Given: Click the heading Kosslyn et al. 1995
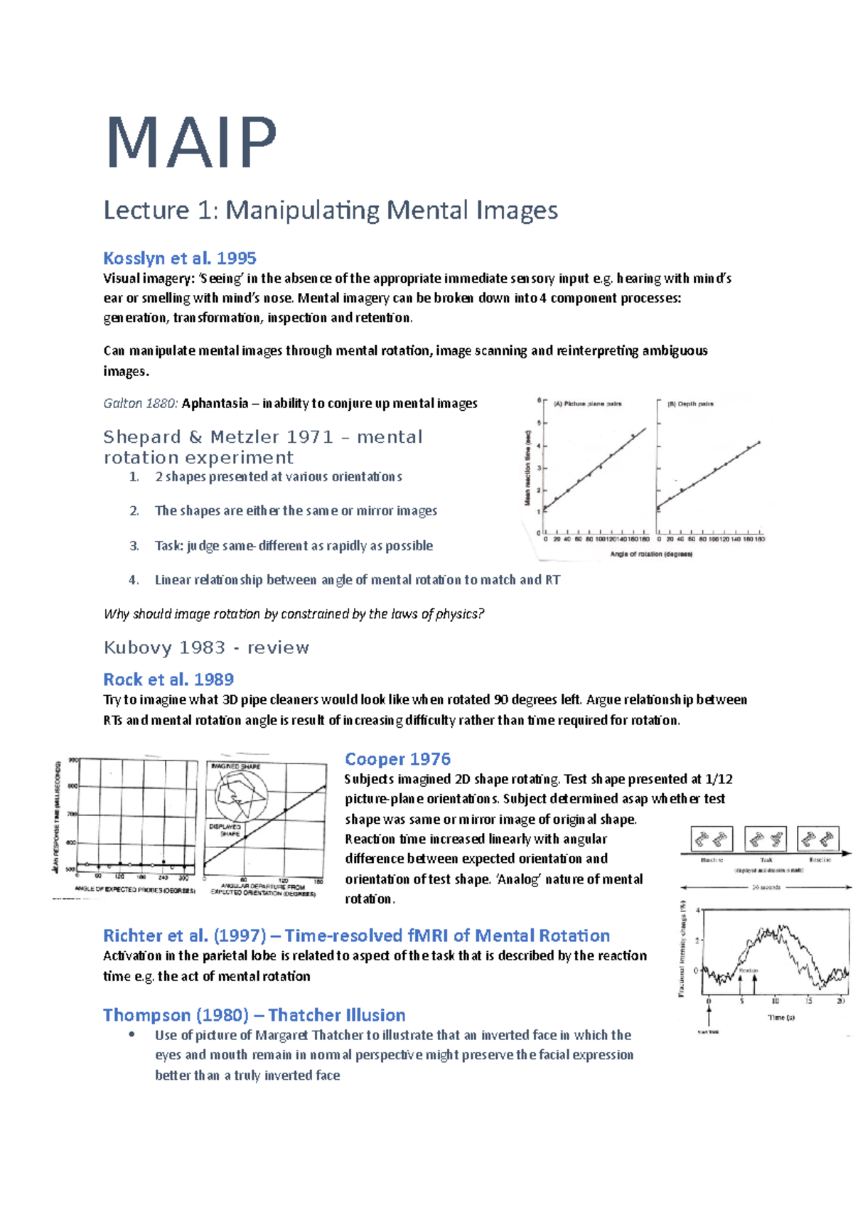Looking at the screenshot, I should point(179,258).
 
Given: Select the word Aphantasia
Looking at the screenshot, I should point(214,404).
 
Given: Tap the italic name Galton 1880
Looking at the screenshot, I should point(140,404).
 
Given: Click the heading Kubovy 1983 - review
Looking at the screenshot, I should point(206,648).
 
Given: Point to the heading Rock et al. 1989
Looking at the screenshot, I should point(168,680).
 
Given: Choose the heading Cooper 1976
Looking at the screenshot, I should point(397,759).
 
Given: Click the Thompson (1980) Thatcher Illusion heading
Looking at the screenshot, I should point(254,1015).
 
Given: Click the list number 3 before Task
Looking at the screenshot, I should point(134,546).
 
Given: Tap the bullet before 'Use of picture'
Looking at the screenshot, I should point(132,1035).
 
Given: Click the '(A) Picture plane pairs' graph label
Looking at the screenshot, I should point(587,404).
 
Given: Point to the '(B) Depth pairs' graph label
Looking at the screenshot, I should point(690,404).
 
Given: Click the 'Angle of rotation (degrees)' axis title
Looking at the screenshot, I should point(651,554).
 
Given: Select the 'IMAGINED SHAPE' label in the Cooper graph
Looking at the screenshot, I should point(235,766).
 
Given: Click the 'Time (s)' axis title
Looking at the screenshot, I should point(781,1017).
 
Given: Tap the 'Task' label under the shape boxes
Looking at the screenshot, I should point(766,859).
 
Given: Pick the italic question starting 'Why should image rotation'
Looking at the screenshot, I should point(294,614).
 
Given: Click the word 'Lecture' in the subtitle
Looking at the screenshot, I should point(146,210).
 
